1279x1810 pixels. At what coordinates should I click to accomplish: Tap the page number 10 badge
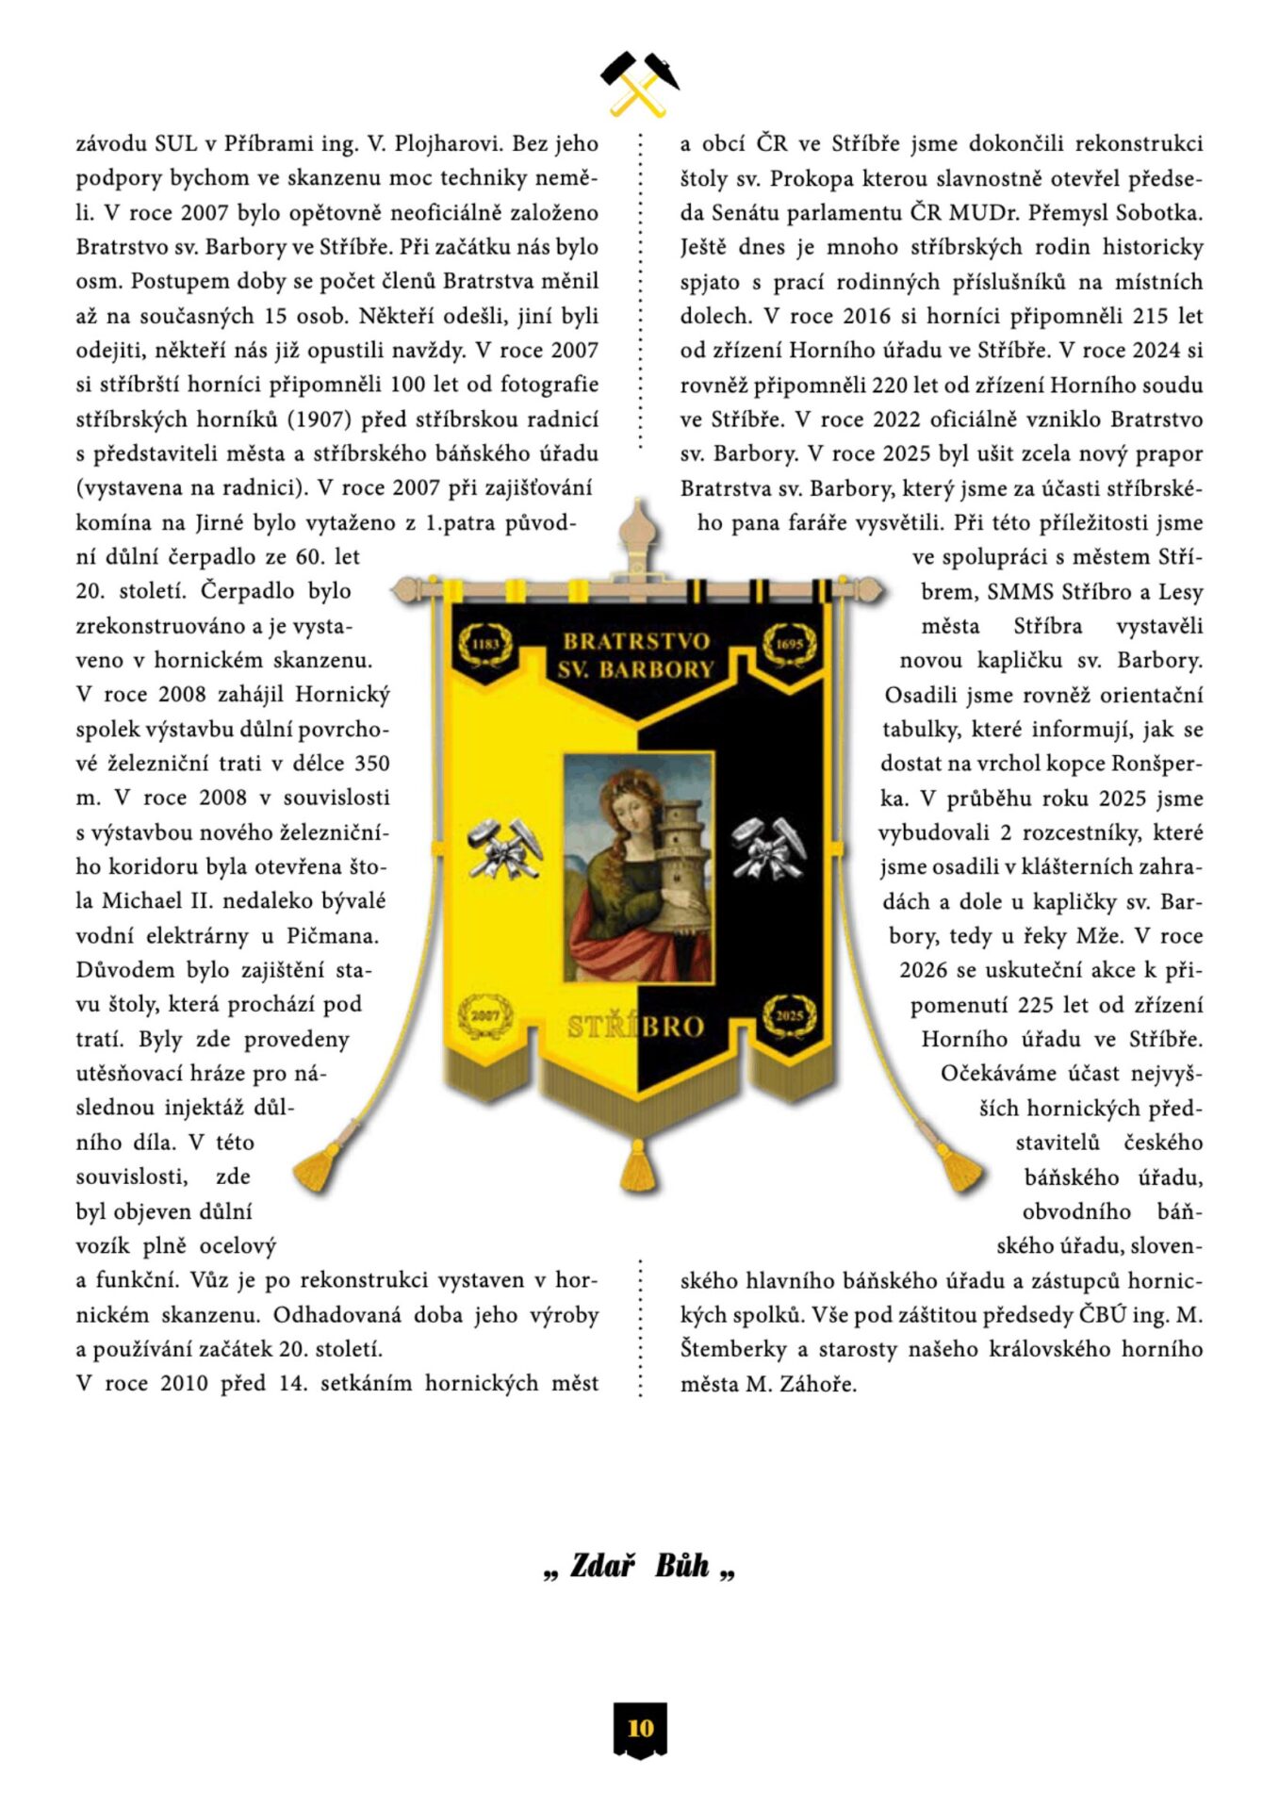coord(640,1728)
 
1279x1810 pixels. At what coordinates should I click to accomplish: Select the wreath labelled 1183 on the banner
coord(484,645)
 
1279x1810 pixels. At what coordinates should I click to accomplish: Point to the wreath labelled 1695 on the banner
coord(790,645)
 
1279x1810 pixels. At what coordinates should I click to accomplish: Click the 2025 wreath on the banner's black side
coord(789,1016)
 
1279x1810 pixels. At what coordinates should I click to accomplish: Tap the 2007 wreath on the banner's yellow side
coord(485,1016)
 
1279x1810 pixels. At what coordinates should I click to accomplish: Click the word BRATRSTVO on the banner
coord(636,642)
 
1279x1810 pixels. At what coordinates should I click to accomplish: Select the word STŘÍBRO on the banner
coord(636,1027)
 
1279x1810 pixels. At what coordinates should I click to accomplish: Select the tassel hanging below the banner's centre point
coord(638,1165)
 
